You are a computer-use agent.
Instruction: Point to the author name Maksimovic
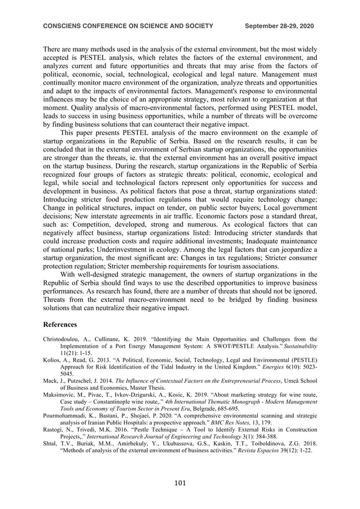(x=59, y=396)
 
